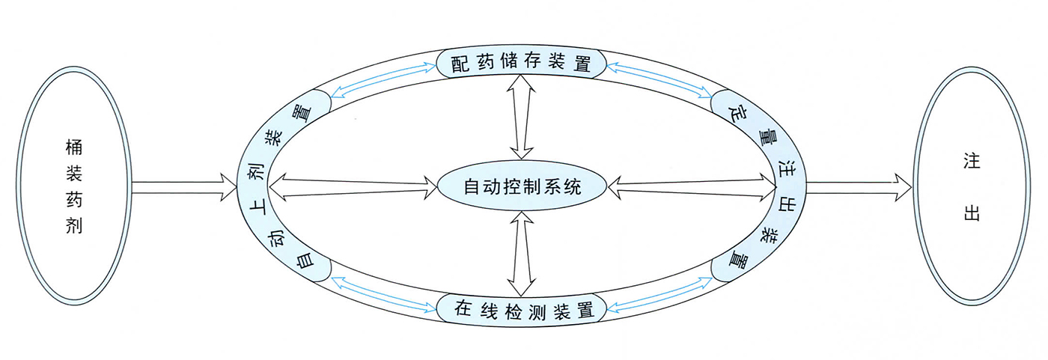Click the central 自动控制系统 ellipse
[x=522, y=186]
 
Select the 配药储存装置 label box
[x=522, y=64]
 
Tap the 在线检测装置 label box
[x=522, y=308]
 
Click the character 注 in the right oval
[x=971, y=160]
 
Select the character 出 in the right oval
[x=971, y=213]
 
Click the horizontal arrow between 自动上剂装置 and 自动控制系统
[x=352, y=186]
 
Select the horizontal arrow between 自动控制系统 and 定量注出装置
[x=692, y=186]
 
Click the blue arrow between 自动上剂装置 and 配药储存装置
[x=385, y=79]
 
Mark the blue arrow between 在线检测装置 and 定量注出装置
[x=658, y=293]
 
